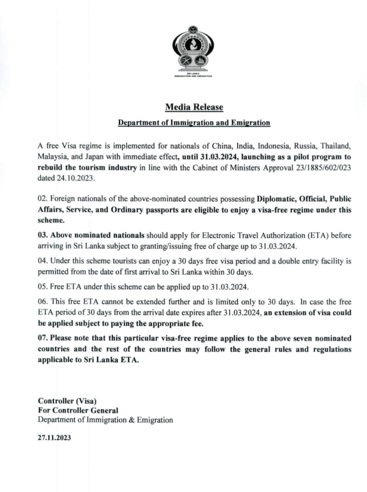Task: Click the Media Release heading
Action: pyautogui.click(x=194, y=107)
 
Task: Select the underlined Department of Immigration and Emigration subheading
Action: pyautogui.click(x=194, y=123)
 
